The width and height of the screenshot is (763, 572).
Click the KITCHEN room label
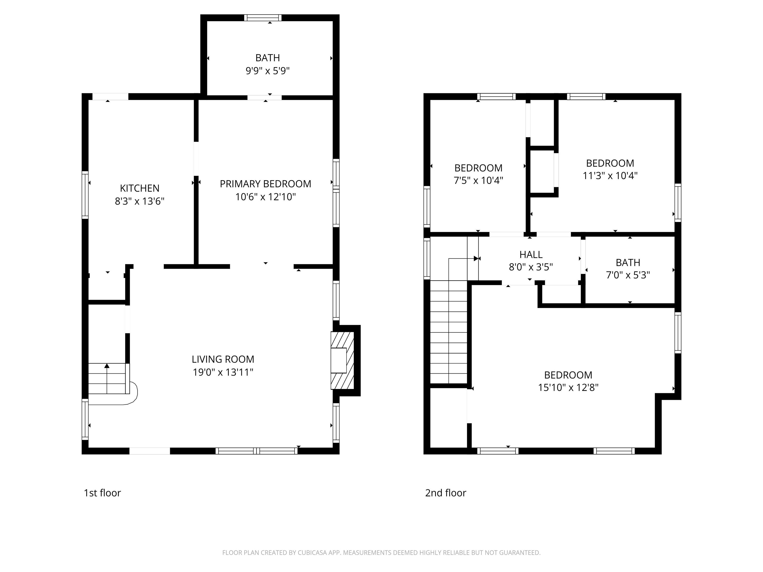click(x=139, y=188)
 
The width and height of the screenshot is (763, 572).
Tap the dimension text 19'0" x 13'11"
click(x=223, y=372)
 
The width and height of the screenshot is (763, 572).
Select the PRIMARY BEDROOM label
click(x=265, y=184)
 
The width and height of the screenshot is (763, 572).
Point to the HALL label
click(x=531, y=254)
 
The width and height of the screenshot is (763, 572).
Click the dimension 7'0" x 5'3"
click(x=628, y=275)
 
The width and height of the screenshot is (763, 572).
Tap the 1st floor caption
click(x=102, y=493)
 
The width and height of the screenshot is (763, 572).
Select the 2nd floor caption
click(x=445, y=493)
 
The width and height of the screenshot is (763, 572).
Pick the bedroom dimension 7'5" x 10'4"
click(x=478, y=180)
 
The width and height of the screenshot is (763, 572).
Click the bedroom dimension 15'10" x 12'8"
click(x=568, y=387)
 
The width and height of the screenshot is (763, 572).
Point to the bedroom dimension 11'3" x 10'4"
click(x=610, y=176)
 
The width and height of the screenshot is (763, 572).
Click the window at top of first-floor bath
click(x=263, y=18)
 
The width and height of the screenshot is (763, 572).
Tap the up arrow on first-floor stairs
click(x=107, y=366)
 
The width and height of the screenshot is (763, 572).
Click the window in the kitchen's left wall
click(x=85, y=195)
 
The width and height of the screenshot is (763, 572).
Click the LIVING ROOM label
click(x=223, y=359)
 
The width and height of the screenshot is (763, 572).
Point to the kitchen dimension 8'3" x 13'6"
click(x=139, y=201)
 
